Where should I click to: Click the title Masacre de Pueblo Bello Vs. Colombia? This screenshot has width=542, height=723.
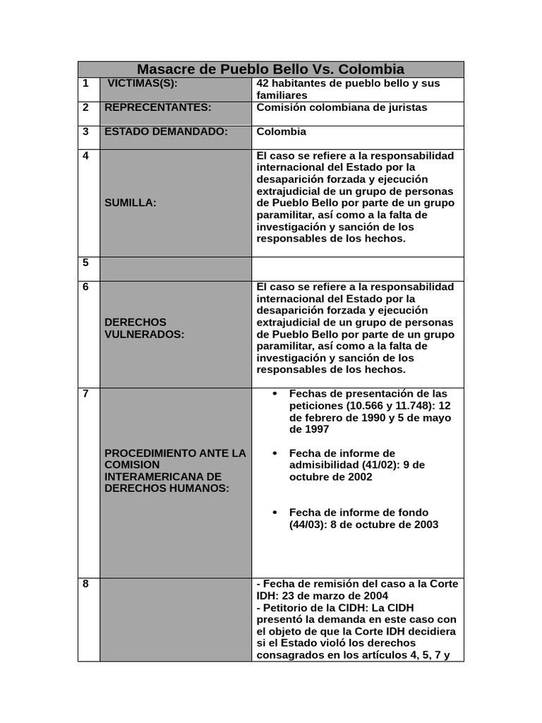(270, 69)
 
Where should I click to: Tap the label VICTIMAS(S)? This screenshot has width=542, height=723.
(142, 83)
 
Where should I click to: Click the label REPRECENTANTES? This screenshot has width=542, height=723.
(157, 107)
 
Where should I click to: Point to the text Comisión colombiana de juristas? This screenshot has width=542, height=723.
(342, 107)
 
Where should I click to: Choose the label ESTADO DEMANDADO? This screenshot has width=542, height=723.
(166, 131)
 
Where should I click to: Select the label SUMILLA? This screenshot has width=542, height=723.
(131, 203)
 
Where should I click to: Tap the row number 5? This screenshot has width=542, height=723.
(85, 263)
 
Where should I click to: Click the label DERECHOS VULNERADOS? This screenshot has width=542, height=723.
(144, 328)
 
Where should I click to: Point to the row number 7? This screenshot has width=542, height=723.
(85, 394)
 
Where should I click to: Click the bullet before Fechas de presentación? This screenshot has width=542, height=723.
(275, 394)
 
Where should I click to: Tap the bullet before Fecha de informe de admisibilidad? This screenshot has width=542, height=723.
(275, 453)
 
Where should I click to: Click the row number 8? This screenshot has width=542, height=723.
(85, 584)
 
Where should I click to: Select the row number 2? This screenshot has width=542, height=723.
(85, 107)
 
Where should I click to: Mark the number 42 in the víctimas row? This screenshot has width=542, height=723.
(263, 83)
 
